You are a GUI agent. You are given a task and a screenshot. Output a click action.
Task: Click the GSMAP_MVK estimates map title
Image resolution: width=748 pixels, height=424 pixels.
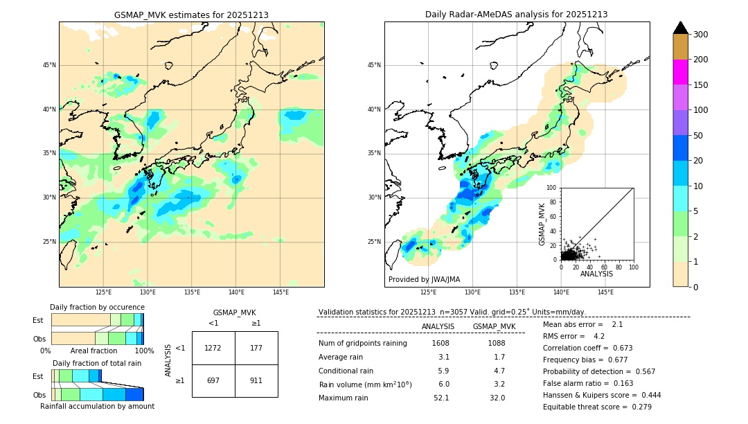pos(191,15)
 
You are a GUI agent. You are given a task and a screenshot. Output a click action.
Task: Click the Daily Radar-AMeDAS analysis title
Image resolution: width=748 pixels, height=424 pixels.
pos(516,15)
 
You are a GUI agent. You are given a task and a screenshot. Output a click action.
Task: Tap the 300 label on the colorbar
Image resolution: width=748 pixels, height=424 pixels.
pos(702,34)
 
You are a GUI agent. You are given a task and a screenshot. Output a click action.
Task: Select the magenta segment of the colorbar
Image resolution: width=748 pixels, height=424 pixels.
pos(680,72)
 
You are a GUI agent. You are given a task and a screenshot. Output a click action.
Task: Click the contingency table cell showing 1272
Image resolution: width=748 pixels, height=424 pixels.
pos(213,348)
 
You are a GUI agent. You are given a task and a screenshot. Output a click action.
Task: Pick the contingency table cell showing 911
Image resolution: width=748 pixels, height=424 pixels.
pos(256,380)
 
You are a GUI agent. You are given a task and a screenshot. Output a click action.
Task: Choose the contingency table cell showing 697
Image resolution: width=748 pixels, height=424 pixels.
pos(213,380)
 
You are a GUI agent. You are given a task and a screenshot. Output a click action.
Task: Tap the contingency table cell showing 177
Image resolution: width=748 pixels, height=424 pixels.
pos(256,348)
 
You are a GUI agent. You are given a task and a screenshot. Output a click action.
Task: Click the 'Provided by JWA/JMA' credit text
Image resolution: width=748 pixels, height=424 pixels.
pos(424,279)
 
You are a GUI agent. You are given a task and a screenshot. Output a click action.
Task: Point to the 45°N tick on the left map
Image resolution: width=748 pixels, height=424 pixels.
pos(49,65)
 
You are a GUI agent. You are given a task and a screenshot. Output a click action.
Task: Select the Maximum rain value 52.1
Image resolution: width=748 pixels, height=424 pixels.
pos(440,398)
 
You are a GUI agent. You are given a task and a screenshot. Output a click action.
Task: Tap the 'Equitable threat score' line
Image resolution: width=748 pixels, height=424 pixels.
pos(597,407)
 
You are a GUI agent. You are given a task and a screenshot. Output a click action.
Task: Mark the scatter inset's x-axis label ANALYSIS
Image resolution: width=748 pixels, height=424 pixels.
pos(596,274)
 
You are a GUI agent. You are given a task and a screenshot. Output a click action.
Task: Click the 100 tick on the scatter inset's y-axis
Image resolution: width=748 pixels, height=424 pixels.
pos(552,188)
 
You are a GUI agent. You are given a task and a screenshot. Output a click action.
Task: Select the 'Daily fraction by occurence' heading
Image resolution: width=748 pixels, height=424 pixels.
pos(97,307)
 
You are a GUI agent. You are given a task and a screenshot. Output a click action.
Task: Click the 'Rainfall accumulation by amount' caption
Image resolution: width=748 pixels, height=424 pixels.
pos(97,406)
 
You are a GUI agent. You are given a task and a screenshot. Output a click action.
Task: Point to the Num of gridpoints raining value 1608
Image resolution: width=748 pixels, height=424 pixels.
pos(440,343)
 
